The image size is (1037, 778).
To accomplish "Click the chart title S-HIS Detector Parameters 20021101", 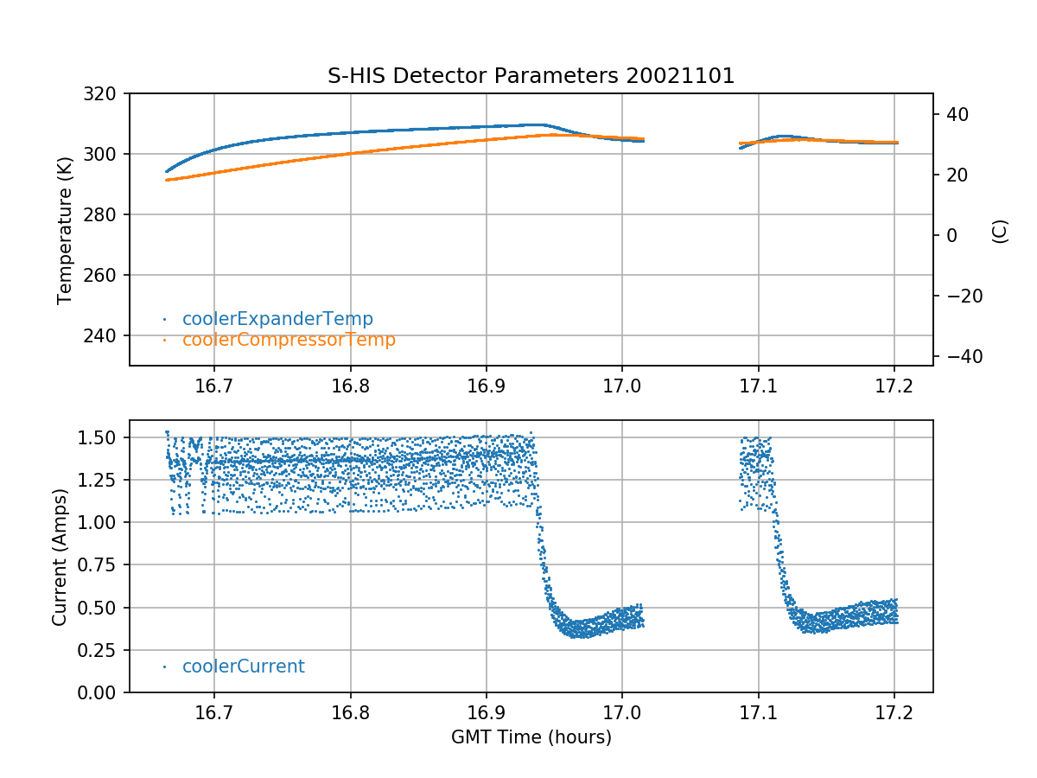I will (531, 76).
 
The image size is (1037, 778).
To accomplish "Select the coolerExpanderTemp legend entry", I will (277, 319).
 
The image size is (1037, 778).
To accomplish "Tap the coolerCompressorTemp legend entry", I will (289, 340).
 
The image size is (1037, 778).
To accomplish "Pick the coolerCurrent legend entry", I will (243, 666).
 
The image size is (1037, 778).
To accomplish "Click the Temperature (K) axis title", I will (65, 229).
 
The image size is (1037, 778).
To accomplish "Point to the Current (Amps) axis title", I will (60, 556).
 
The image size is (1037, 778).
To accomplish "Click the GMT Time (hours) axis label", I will (531, 737).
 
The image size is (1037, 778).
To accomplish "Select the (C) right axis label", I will (1000, 230).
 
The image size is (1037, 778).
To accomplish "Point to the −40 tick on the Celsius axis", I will (958, 356).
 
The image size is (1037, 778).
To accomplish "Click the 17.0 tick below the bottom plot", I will (621, 711).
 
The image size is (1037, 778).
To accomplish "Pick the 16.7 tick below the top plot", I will (214, 385).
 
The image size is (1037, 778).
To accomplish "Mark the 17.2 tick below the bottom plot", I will (894, 711).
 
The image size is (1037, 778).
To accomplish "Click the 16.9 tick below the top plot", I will (486, 385).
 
